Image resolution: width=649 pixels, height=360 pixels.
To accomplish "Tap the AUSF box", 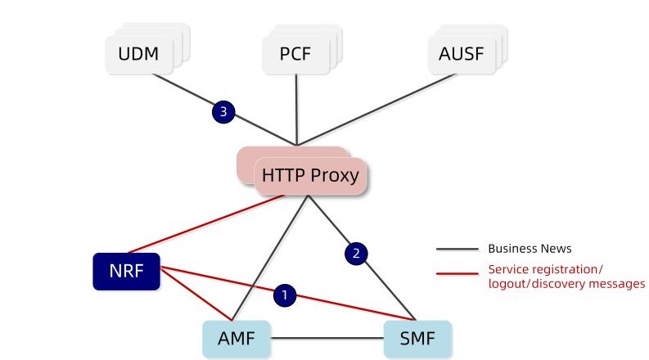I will tap(462, 55).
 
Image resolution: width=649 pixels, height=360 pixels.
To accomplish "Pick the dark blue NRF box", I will tap(127, 272).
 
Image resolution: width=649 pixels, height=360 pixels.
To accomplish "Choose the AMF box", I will tap(237, 336).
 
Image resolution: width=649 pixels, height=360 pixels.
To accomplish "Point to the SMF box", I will tap(417, 336).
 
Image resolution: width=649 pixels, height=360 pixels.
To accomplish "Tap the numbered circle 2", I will tap(355, 254).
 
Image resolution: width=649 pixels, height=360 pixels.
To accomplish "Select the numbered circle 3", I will tap(223, 112).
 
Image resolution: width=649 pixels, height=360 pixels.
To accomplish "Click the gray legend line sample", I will tap(457, 249).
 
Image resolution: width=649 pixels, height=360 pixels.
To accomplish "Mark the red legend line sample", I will tap(457, 274).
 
